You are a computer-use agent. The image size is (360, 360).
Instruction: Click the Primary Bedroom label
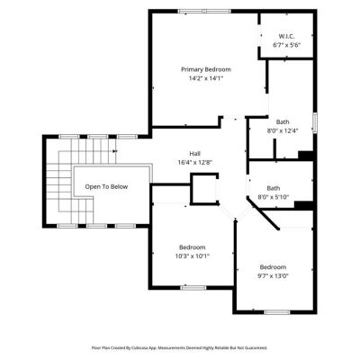[206, 69]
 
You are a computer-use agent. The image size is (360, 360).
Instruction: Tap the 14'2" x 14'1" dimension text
[206, 78]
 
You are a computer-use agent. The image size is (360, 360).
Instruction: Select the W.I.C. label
[286, 36]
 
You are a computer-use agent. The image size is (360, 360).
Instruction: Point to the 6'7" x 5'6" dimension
[286, 45]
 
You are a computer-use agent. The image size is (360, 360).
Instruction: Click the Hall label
[195, 154]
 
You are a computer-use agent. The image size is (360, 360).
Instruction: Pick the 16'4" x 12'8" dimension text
[195, 163]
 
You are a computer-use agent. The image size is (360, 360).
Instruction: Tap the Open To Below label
[106, 187]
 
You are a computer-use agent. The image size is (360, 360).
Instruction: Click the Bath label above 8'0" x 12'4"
[283, 122]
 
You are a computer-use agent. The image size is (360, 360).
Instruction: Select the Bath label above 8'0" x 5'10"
[274, 188]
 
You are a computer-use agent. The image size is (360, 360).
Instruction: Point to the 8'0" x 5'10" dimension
[274, 197]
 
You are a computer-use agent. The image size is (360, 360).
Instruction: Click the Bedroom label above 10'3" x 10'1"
[193, 247]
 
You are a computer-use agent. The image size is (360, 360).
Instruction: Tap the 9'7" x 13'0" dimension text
[273, 276]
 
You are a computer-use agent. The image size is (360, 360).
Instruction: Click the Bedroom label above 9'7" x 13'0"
[273, 267]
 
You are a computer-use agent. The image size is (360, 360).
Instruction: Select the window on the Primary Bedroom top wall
[204, 12]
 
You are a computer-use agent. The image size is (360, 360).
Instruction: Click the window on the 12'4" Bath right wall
[315, 122]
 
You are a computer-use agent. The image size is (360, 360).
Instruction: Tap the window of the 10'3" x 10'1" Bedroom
[193, 288]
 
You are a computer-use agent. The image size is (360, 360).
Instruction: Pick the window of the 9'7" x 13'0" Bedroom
[277, 312]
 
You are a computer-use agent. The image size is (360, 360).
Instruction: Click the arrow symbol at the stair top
[114, 151]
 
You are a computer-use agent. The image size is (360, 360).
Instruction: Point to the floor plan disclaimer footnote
[179, 348]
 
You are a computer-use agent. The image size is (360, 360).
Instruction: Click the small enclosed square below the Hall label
[204, 189]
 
